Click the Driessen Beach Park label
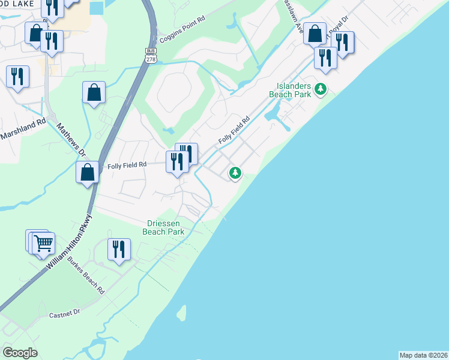pos(163,227)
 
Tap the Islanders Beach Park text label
pos(294,90)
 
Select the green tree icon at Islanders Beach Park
pos(321,89)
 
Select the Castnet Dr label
pos(64,314)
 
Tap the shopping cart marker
pos(43,243)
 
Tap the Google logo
pos(20,353)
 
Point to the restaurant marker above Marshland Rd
pos(17,76)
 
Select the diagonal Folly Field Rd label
pos(234,130)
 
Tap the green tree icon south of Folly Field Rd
pos(235,173)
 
